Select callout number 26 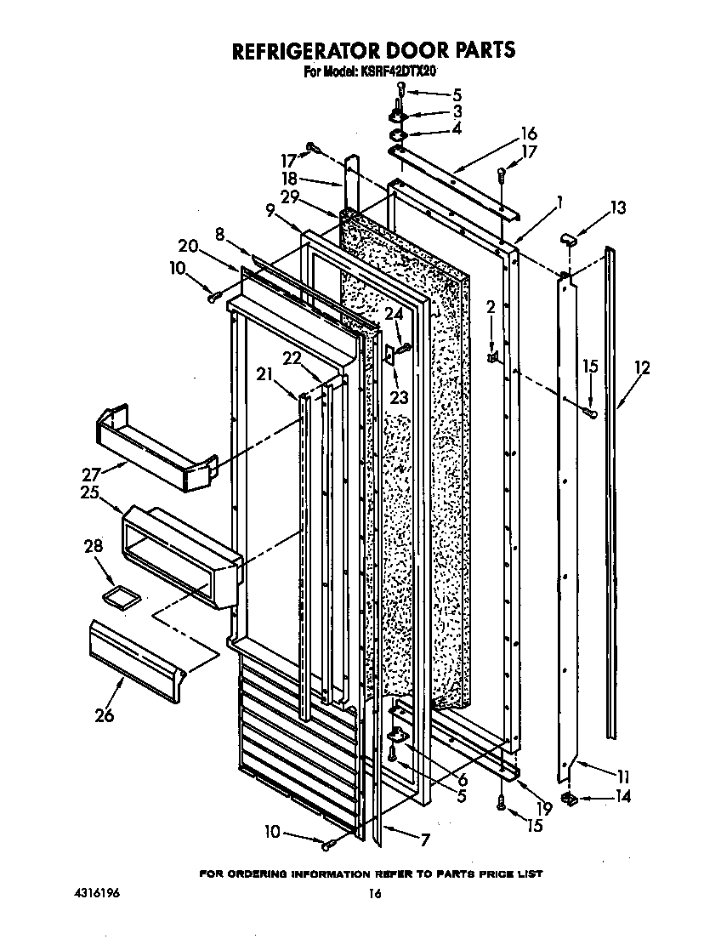click(104, 715)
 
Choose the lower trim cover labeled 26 click(136, 651)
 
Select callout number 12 click(642, 368)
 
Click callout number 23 click(398, 397)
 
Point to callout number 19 click(543, 808)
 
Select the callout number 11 click(623, 776)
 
